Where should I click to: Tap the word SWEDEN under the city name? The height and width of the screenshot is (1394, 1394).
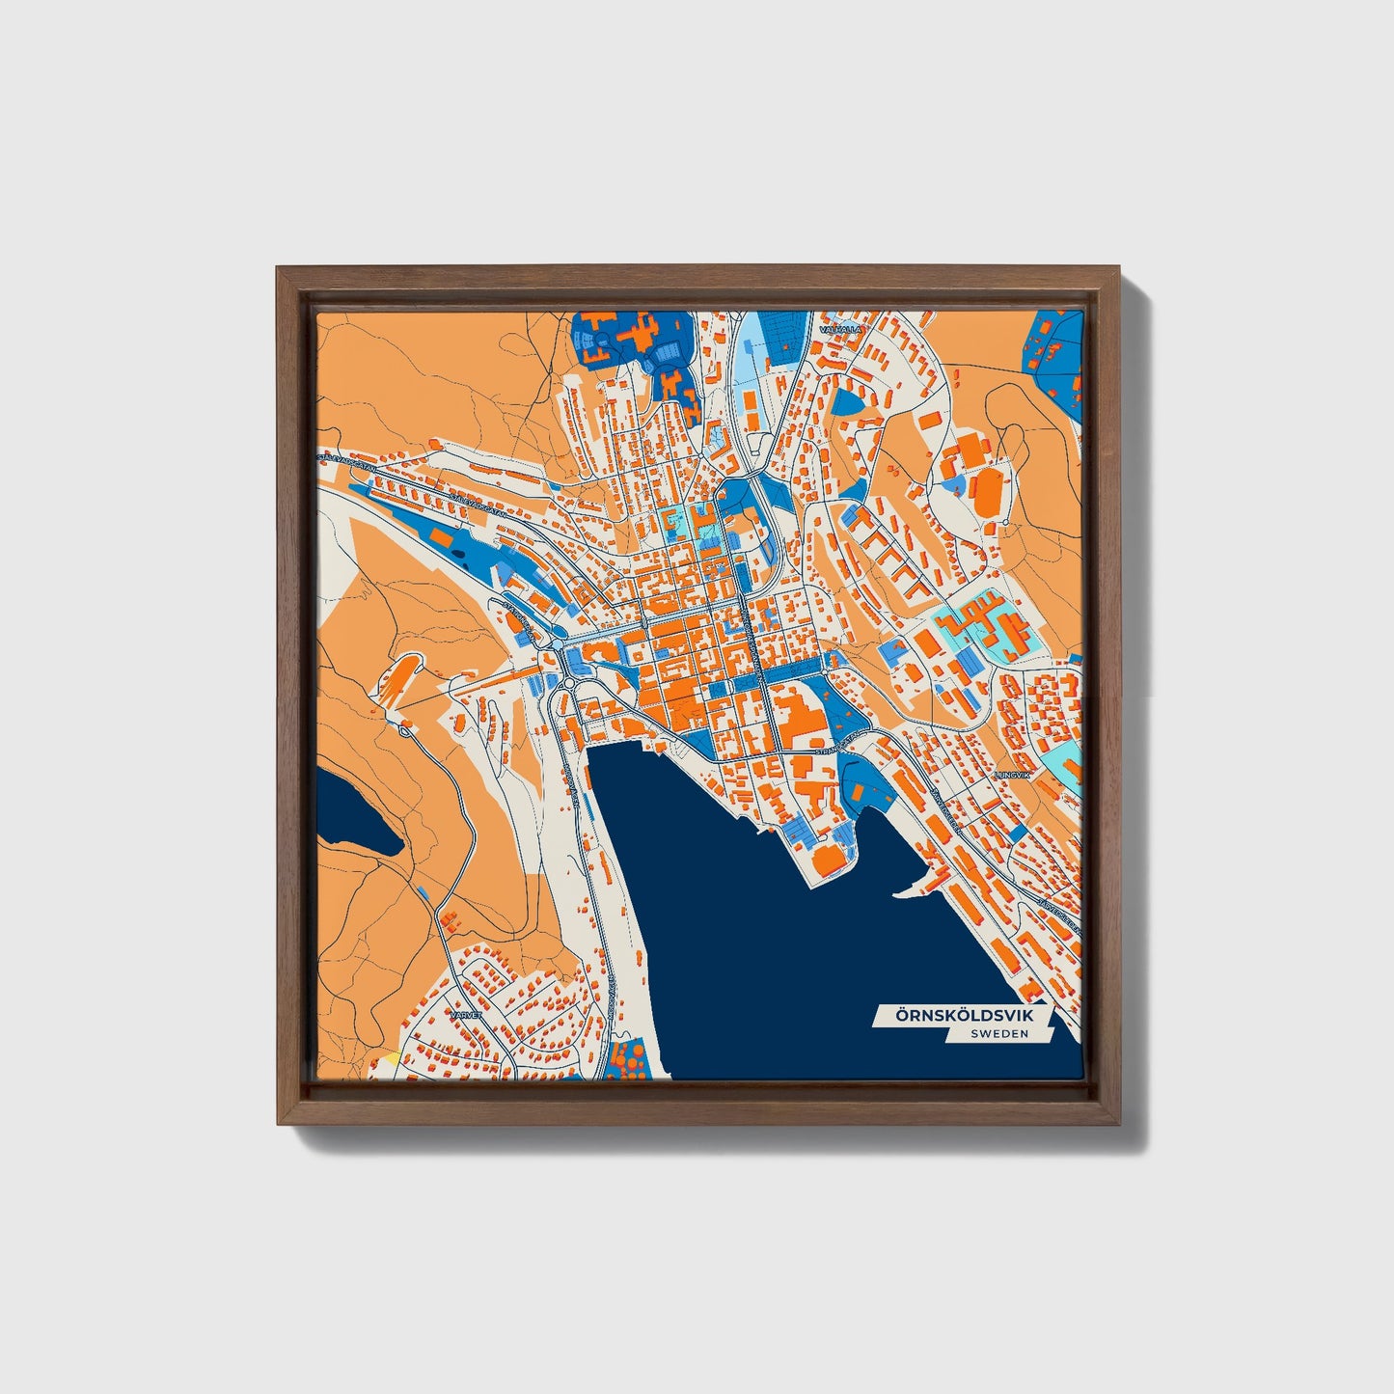999,1033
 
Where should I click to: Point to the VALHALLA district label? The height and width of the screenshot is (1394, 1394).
836,329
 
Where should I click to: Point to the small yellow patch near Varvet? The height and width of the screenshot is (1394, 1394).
392,1058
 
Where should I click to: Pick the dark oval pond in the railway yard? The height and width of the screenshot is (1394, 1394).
457,556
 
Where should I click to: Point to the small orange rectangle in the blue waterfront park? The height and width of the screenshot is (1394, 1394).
858,789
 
